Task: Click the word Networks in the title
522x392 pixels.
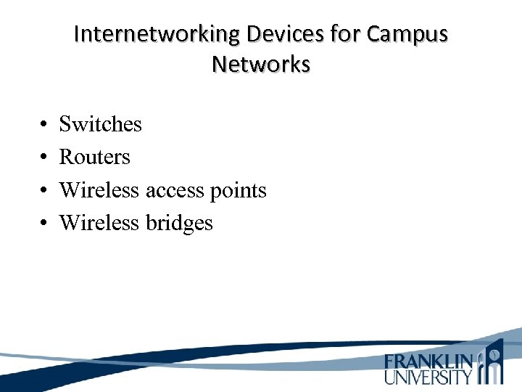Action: [261, 64]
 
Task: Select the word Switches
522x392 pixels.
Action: [100, 124]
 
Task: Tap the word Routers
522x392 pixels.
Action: [94, 157]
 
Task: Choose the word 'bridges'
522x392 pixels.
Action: [179, 224]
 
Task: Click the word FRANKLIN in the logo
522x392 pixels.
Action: [429, 361]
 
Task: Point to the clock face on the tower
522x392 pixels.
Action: [494, 354]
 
